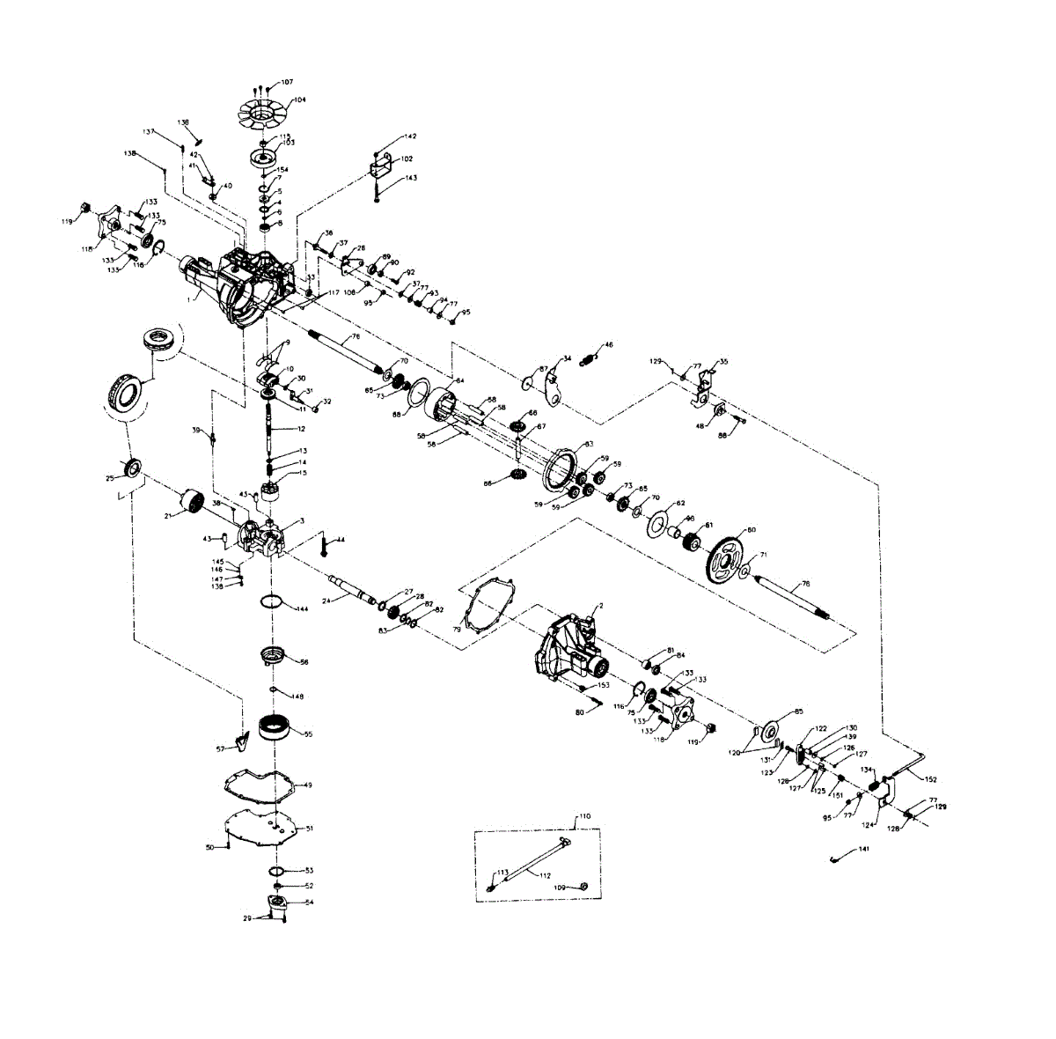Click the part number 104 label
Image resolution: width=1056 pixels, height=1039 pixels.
[x=301, y=100]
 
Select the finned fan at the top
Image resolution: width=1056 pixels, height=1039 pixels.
[x=267, y=113]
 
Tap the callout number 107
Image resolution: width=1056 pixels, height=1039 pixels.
[x=287, y=82]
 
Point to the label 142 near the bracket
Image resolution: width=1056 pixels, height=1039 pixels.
[x=411, y=136]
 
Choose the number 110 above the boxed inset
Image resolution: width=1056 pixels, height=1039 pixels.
[x=585, y=817]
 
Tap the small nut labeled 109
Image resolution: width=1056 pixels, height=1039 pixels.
[x=586, y=886]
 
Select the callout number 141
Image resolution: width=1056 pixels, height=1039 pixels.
[x=864, y=848]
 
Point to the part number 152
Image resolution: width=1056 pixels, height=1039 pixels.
[x=931, y=779]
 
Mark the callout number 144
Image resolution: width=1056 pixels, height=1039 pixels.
[x=302, y=609]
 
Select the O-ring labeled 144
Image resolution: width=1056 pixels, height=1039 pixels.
[x=272, y=602]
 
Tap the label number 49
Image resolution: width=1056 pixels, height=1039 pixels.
[x=307, y=784]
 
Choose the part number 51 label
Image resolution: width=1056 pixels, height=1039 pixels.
[x=309, y=829]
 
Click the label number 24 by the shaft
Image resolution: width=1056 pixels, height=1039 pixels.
[x=326, y=601]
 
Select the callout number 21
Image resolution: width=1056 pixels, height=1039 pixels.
[x=167, y=516]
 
